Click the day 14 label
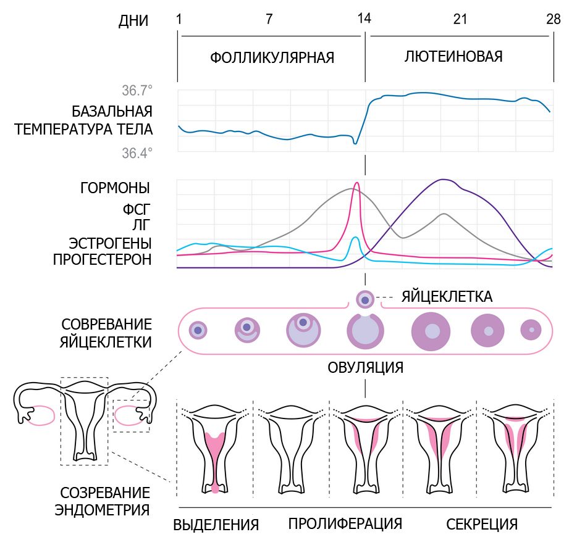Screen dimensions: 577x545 (x=364, y=19)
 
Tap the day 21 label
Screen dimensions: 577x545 (x=460, y=19)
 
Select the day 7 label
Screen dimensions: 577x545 (x=269, y=19)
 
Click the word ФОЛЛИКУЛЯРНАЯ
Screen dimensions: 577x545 (x=272, y=58)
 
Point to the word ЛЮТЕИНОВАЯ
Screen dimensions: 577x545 (x=453, y=57)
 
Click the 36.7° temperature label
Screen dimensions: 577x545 (x=137, y=91)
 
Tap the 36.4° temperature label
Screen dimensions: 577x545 (x=137, y=153)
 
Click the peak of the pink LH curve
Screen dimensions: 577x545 (x=356, y=183)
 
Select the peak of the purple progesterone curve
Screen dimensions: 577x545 (x=444, y=180)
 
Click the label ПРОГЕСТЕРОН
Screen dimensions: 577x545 (x=103, y=260)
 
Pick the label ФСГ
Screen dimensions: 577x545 (x=137, y=210)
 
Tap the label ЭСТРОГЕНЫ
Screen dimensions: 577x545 (x=110, y=243)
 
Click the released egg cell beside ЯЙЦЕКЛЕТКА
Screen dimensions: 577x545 (x=365, y=300)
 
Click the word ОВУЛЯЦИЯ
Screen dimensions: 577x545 (x=365, y=367)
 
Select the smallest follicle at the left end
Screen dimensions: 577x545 (x=198, y=330)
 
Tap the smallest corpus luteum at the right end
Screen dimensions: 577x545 (x=531, y=330)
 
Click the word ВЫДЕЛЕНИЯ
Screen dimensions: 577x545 (x=216, y=525)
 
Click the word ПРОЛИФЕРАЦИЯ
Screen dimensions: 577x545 (x=345, y=523)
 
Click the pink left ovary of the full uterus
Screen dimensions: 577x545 (x=41, y=415)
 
